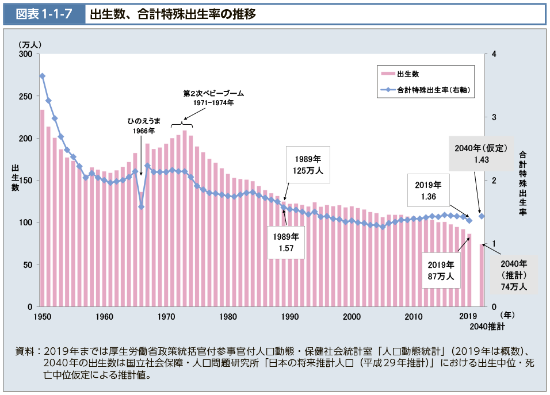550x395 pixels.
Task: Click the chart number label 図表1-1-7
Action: (x=43, y=14)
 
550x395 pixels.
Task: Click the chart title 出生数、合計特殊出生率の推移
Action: (x=173, y=14)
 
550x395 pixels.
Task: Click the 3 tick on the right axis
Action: (x=493, y=117)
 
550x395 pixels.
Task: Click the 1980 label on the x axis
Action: (x=228, y=317)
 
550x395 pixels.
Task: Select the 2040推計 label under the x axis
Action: (x=487, y=327)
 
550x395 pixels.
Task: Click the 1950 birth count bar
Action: (x=42, y=207)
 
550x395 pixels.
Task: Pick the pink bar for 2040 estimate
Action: (x=482, y=275)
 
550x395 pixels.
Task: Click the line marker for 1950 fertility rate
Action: (x=42, y=76)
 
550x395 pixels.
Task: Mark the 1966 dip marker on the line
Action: (x=141, y=207)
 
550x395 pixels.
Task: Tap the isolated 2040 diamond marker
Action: (x=482, y=216)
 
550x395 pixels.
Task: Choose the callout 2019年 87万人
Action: (x=441, y=271)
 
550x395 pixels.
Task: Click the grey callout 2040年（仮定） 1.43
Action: (x=481, y=154)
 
